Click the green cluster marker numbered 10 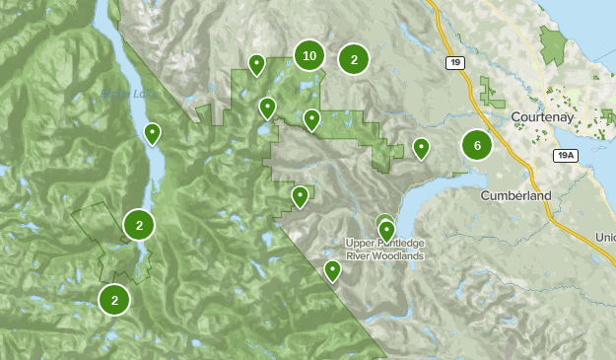309,55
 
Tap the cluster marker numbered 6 477,146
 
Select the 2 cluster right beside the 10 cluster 354,59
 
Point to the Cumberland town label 516,195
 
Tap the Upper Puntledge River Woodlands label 385,249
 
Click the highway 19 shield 454,62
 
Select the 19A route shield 566,155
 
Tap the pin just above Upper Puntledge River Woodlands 386,229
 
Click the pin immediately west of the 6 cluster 421,148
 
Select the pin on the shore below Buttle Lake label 153,132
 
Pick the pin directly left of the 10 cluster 256,65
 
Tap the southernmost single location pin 333,269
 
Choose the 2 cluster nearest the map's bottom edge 114,299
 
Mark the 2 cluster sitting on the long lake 140,225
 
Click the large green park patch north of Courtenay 553,45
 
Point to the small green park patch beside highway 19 490,91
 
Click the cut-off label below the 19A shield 605,238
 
